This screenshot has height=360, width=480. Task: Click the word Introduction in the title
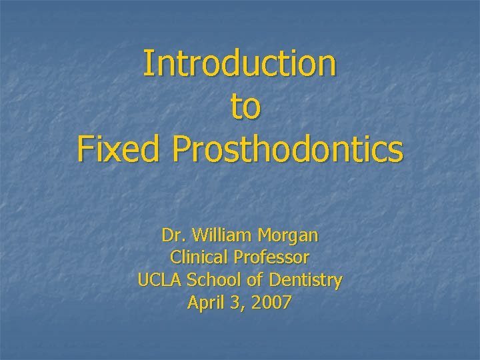tap(240, 63)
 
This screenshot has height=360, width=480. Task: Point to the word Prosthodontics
tap(287, 149)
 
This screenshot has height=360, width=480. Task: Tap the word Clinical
tap(199, 258)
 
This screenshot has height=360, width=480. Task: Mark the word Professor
tap(271, 258)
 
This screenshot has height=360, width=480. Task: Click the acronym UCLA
tap(157, 281)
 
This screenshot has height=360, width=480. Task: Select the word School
tap(209, 281)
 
